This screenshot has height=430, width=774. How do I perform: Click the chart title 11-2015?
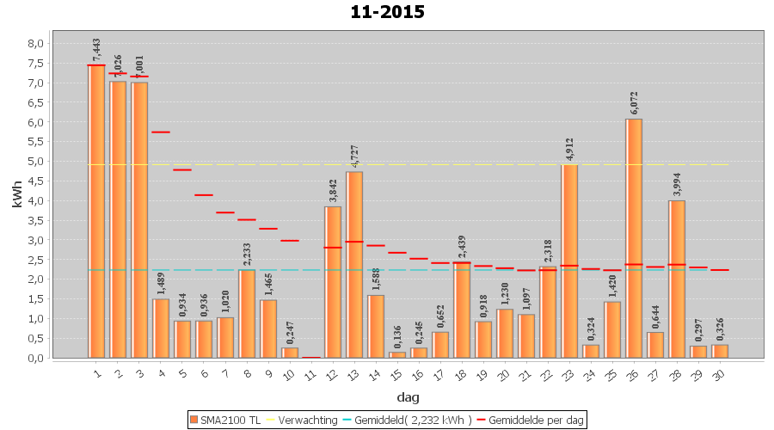click(387, 12)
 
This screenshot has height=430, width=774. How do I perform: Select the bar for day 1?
click(96, 211)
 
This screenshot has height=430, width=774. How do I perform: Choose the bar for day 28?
click(677, 279)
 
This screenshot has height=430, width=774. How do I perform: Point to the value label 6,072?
click(634, 103)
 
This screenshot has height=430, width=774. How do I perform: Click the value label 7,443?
click(96, 50)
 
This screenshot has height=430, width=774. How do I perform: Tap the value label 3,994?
click(677, 185)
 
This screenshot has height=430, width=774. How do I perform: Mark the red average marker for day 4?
click(161, 132)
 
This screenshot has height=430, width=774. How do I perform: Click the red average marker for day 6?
click(204, 195)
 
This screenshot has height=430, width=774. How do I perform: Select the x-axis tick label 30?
click(719, 372)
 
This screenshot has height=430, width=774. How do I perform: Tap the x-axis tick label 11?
click(310, 372)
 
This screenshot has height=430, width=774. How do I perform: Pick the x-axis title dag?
click(408, 396)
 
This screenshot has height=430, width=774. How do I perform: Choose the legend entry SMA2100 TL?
click(224, 420)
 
